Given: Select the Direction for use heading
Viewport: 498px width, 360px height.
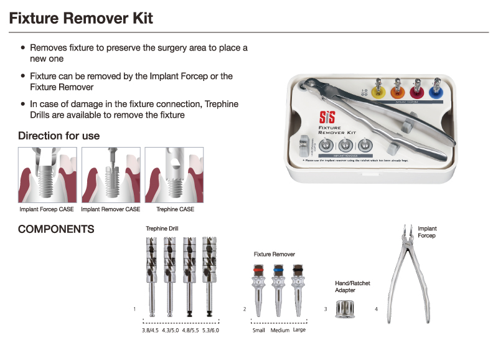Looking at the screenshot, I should click(x=59, y=136).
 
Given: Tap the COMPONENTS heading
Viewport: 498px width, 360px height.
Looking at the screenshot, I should click(x=56, y=229).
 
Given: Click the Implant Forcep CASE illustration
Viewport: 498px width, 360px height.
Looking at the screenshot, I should click(x=47, y=175).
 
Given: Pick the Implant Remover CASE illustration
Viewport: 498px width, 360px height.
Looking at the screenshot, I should click(x=110, y=175).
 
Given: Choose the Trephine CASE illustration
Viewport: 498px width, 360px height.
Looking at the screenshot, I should click(x=174, y=175).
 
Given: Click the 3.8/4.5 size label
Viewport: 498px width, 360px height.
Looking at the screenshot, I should click(x=151, y=330).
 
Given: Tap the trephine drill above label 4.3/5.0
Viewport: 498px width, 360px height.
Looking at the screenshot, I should click(x=168, y=274).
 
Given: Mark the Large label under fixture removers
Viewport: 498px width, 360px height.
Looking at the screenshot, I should click(x=299, y=330).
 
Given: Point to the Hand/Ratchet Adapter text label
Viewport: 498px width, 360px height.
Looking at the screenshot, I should click(x=352, y=287).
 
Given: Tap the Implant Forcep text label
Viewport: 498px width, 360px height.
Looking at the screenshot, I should click(x=427, y=232).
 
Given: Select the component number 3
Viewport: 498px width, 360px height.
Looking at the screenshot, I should click(x=326, y=309).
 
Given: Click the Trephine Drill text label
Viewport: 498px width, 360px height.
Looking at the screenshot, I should click(x=162, y=229).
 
